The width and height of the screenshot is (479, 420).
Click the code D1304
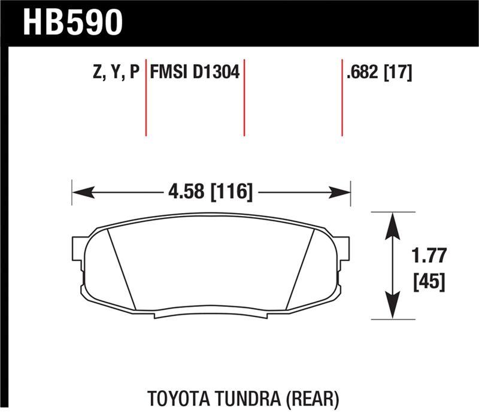(216, 73)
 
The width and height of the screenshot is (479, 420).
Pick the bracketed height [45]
(429, 282)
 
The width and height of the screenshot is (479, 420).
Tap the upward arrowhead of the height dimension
(392, 224)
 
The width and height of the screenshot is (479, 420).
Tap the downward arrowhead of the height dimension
(392, 308)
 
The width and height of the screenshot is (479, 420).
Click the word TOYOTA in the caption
(172, 397)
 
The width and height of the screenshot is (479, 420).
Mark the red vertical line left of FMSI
(145, 99)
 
